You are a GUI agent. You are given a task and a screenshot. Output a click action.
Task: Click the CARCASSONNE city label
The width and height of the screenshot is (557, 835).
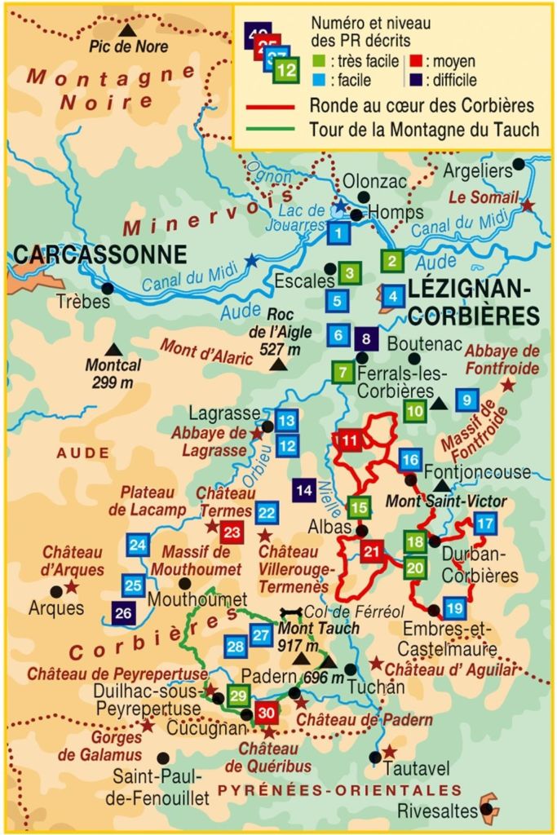tap(100, 254)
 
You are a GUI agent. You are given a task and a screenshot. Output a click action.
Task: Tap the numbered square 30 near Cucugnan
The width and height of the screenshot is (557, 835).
tap(267, 712)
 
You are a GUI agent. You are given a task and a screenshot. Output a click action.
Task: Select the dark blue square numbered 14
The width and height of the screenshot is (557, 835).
tap(304, 490)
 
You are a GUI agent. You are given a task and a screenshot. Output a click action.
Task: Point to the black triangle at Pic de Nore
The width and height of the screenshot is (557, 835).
tap(126, 30)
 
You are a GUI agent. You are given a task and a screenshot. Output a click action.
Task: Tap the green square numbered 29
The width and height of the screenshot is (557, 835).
tap(238, 696)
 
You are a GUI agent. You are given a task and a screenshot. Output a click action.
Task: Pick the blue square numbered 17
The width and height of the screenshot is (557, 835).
tap(484, 524)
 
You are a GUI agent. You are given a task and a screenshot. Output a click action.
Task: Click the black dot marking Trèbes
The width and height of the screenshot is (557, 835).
tap(108, 288)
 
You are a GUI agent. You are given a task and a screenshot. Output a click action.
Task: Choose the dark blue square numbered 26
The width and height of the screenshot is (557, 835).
tap(124, 613)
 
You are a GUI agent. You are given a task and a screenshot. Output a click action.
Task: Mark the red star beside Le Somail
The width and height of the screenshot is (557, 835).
tap(528, 205)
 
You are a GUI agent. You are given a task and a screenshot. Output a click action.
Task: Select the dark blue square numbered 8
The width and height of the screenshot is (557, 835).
tap(367, 338)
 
